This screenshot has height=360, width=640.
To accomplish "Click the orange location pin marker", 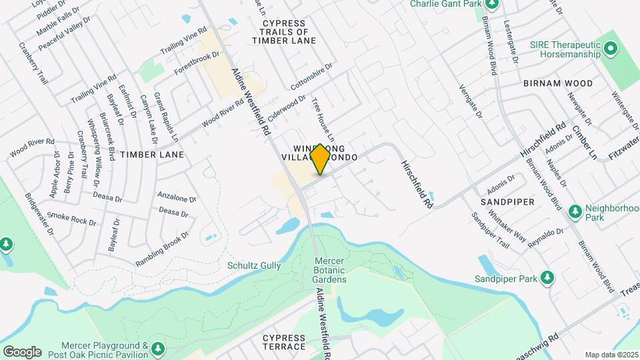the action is click(x=320, y=159).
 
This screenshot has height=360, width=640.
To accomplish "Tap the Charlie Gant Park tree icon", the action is click(x=492, y=4).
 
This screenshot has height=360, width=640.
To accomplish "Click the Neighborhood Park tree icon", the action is click(x=575, y=211).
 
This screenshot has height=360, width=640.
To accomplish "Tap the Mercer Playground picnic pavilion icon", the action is click(x=157, y=349).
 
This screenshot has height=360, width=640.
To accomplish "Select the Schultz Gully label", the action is click(x=254, y=265).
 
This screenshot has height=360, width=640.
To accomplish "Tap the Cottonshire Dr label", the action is click(x=311, y=78).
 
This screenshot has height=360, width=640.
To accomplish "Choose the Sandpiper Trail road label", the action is click(x=490, y=231).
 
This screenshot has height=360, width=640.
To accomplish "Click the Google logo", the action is click(x=22, y=351).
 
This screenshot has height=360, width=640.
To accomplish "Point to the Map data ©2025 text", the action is click(x=611, y=355).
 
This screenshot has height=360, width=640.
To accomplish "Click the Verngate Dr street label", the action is click(x=470, y=101).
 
